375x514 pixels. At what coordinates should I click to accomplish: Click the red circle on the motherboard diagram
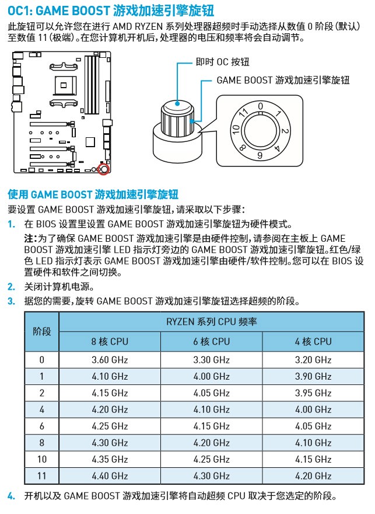click(x=103, y=169)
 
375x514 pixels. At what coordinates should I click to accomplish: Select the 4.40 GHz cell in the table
click(x=110, y=475)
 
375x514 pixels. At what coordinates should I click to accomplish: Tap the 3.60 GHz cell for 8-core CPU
click(x=110, y=360)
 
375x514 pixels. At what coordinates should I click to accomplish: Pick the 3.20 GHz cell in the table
click(x=313, y=360)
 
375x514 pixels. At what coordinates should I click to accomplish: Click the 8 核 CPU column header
click(x=110, y=342)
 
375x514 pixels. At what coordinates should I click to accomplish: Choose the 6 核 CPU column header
click(x=211, y=342)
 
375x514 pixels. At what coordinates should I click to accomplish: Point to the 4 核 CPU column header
click(x=313, y=342)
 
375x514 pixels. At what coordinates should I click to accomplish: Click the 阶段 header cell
click(x=42, y=331)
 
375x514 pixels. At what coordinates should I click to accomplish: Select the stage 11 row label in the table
click(x=42, y=475)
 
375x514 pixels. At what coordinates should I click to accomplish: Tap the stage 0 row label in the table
click(x=42, y=360)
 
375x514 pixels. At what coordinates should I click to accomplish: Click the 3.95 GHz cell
click(x=313, y=393)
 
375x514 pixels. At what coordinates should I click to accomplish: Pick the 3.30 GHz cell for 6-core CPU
click(x=211, y=360)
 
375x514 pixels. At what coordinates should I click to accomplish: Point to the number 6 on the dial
click(x=260, y=155)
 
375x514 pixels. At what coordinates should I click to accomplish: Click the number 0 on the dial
click(x=260, y=106)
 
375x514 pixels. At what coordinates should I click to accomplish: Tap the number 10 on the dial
click(x=236, y=130)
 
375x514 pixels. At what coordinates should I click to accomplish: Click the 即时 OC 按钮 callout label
click(x=223, y=62)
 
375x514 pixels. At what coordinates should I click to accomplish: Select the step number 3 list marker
click(x=11, y=301)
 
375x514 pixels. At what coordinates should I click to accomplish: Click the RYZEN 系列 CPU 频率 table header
click(x=211, y=322)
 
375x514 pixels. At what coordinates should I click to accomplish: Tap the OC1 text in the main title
click(x=19, y=11)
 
